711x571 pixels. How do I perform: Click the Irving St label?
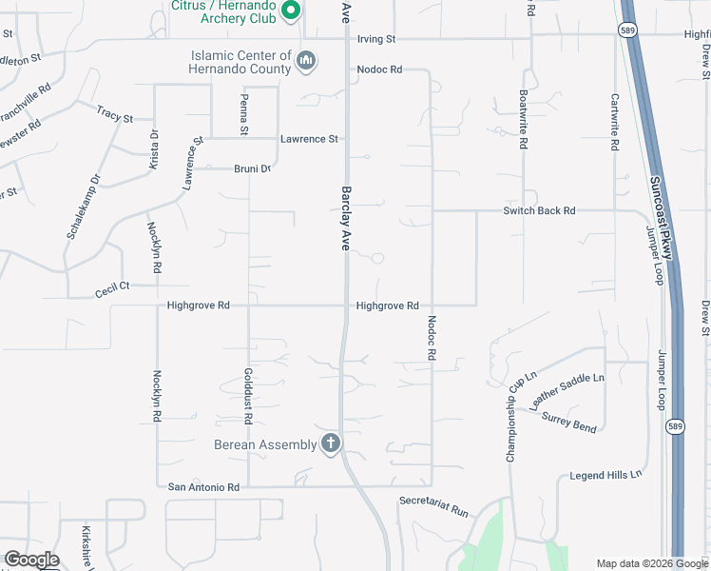[375, 39]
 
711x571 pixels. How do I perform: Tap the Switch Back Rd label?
[540, 210]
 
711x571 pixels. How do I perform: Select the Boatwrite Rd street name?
[524, 121]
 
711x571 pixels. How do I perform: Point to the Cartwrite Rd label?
[615, 122]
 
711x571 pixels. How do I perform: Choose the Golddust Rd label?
[248, 395]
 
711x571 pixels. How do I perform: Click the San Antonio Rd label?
[203, 486]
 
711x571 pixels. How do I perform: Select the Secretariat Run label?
[434, 505]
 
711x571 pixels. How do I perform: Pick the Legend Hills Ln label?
[605, 474]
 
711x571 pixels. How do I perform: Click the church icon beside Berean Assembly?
[331, 443]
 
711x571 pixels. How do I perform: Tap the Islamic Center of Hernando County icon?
[306, 62]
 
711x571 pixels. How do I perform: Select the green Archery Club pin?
[292, 10]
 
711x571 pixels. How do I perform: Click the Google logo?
[30, 560]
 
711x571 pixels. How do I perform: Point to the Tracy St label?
[115, 115]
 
